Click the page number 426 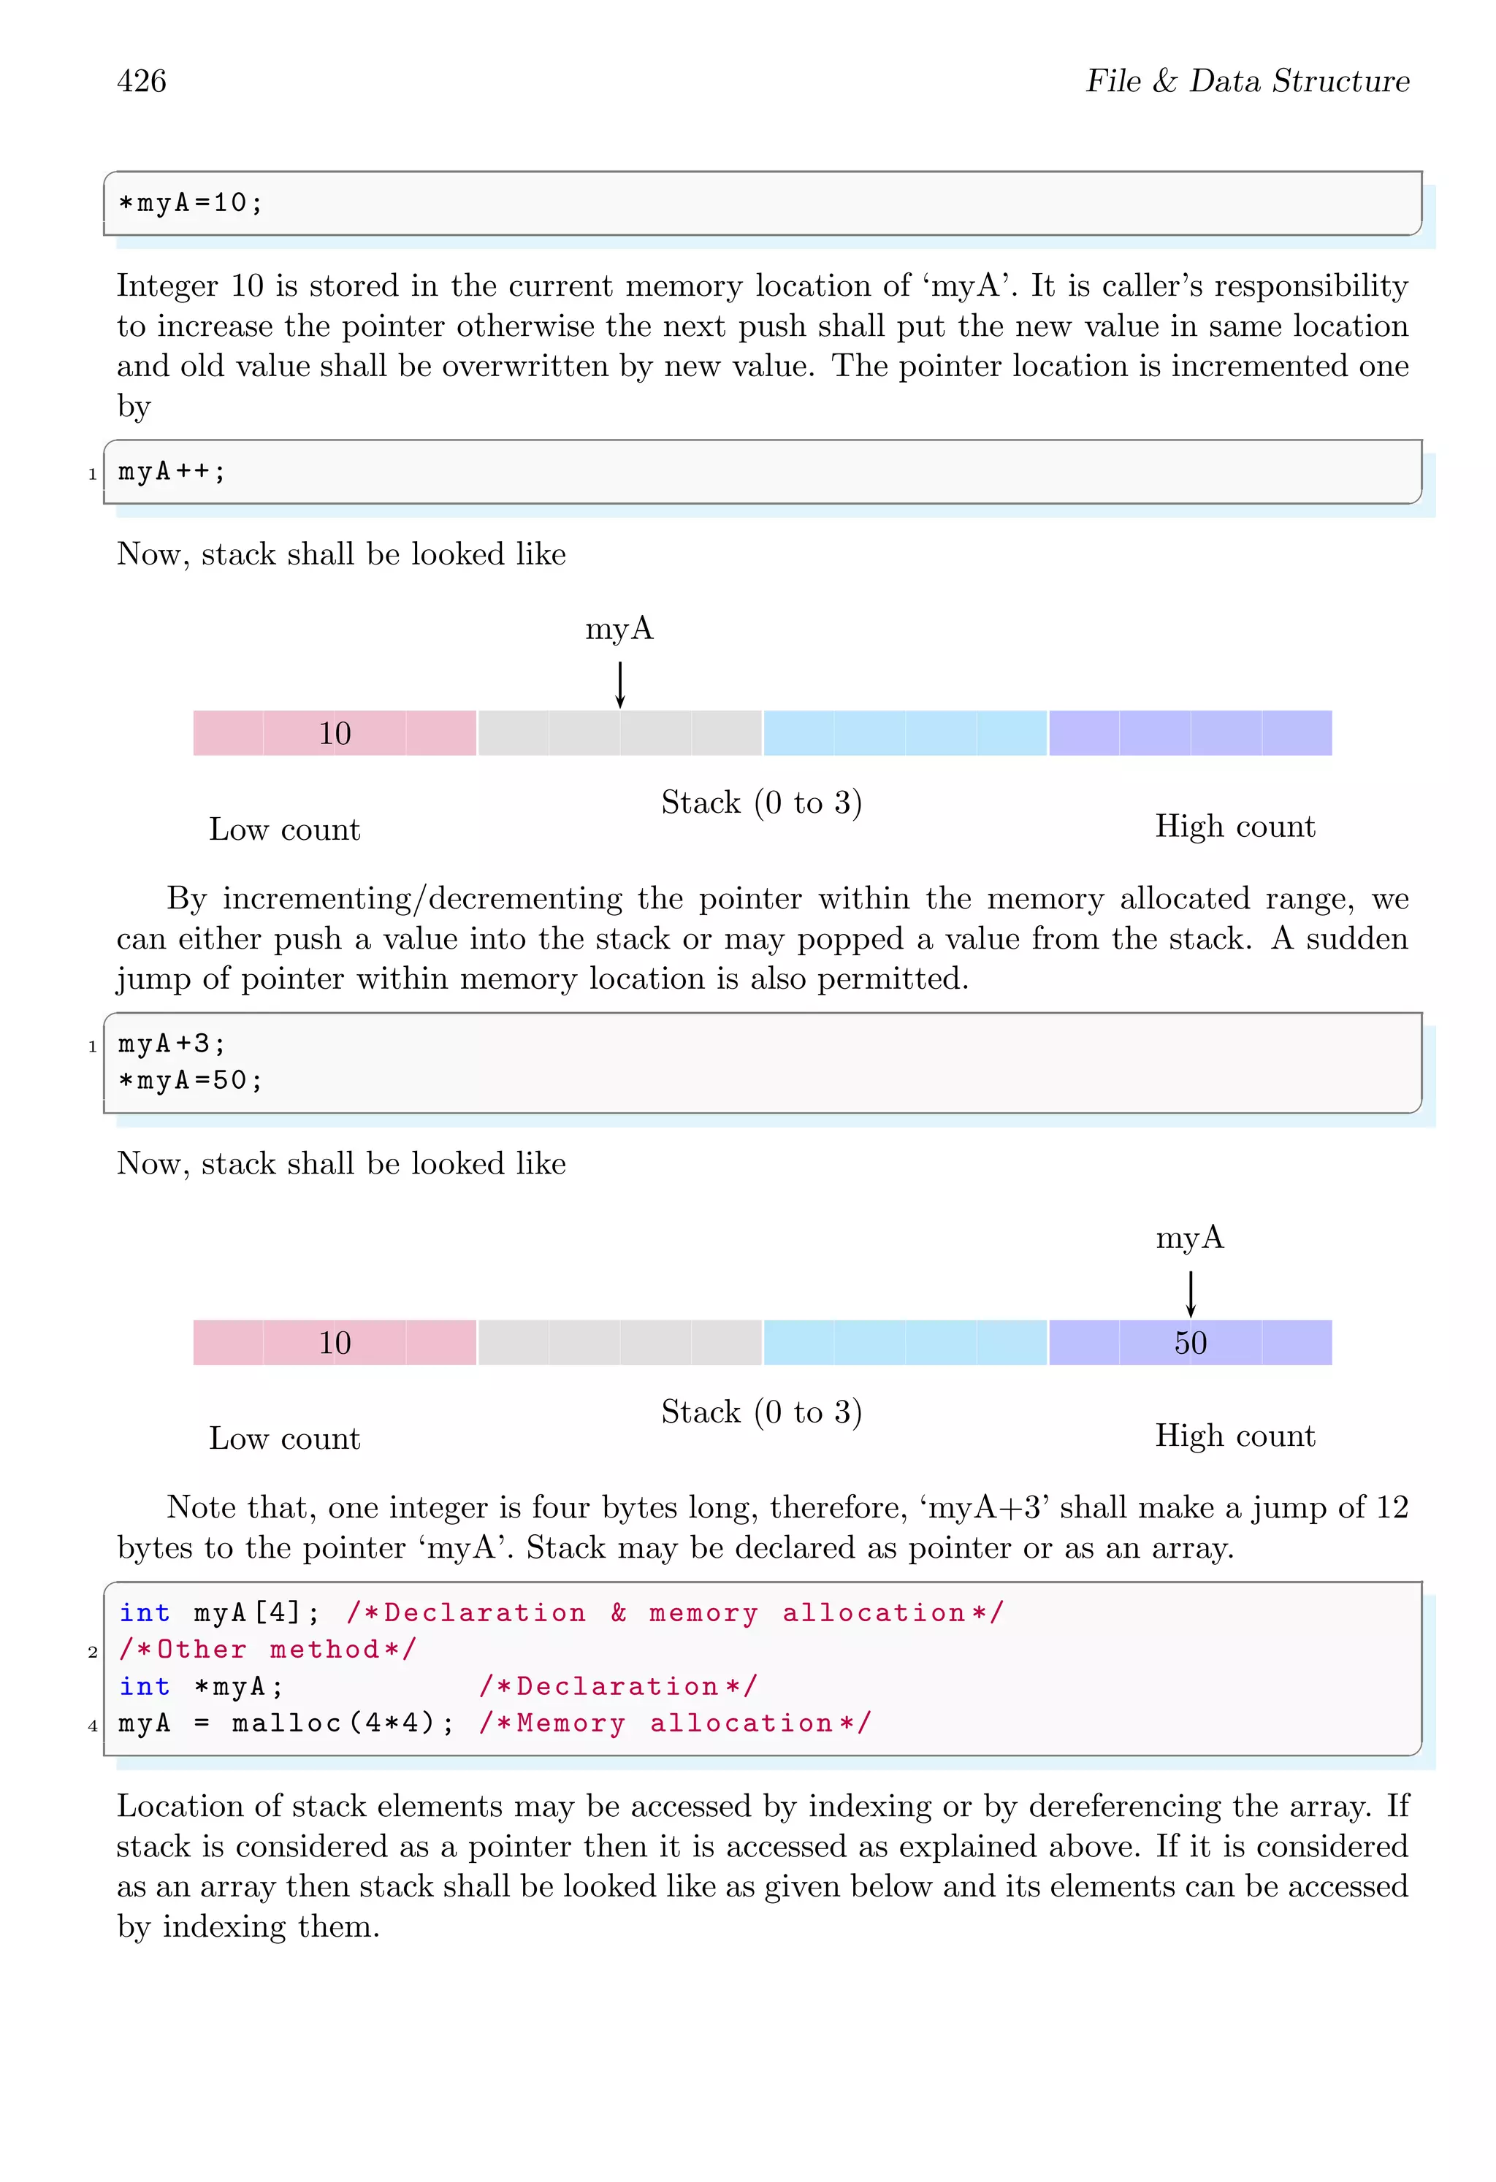[142, 81]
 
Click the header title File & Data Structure [1247, 81]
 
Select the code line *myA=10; [191, 203]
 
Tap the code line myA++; [172, 471]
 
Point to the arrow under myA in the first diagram [620, 684]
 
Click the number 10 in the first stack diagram [335, 733]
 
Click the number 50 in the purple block [1190, 1343]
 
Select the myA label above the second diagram [1190, 1238]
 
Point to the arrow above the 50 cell [1190, 1294]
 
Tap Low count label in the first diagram [285, 830]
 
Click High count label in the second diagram [1235, 1436]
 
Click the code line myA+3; [172, 1044]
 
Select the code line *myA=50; [191, 1081]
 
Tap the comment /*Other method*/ [267, 1650]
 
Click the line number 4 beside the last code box [93, 1726]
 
